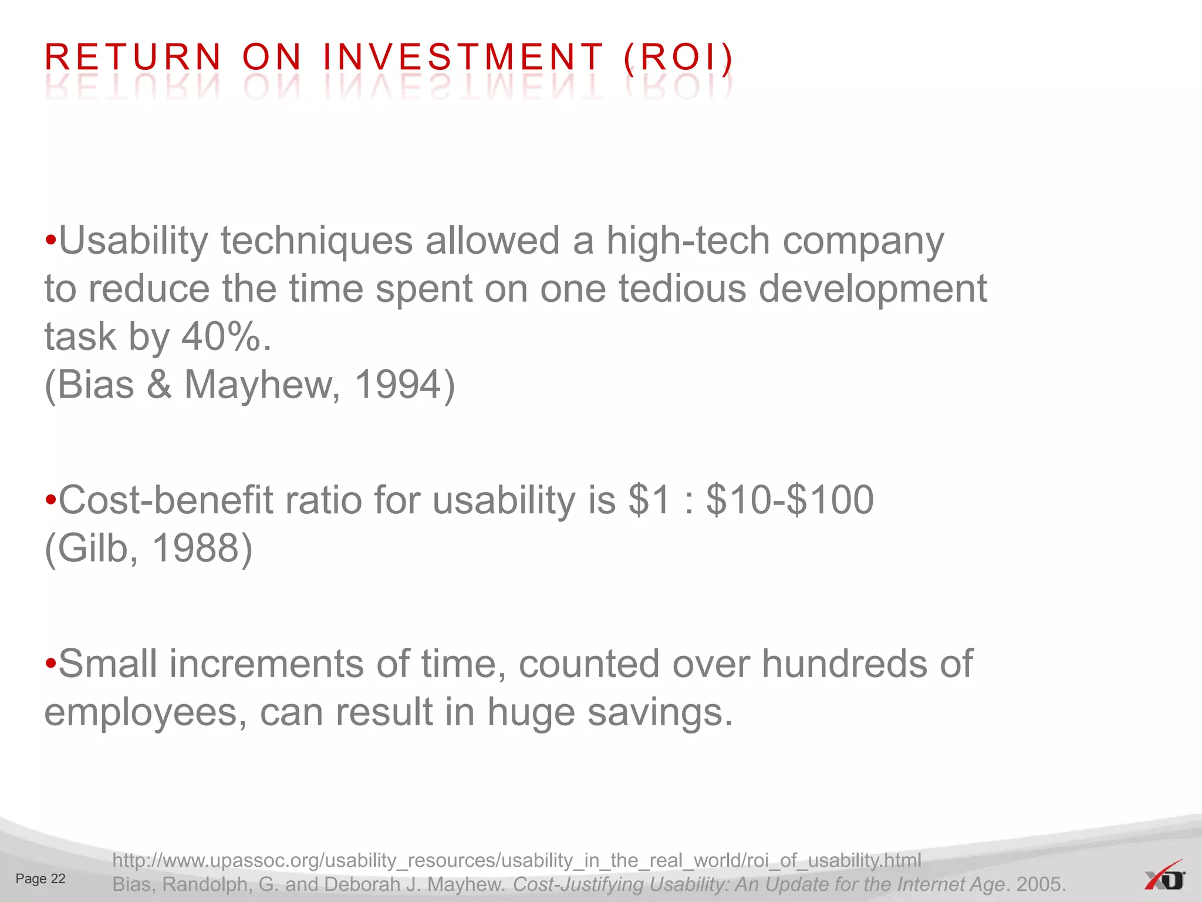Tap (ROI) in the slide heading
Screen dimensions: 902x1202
tap(678, 58)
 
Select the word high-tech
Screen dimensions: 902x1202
tap(687, 241)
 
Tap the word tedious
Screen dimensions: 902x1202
tap(682, 289)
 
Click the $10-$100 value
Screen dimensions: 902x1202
tap(789, 500)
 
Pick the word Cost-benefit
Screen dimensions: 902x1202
tap(166, 500)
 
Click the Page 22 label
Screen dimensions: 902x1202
tap(40, 879)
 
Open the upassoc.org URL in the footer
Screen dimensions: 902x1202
tap(516, 860)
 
